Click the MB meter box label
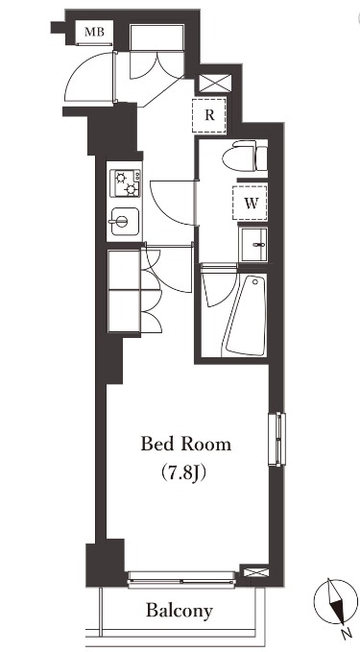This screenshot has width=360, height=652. tap(94, 33)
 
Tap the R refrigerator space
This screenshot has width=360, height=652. tap(209, 114)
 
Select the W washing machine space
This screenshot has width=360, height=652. tap(250, 203)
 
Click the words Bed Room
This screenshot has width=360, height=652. tap(186, 445)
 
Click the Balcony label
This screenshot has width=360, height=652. tap(180, 610)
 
